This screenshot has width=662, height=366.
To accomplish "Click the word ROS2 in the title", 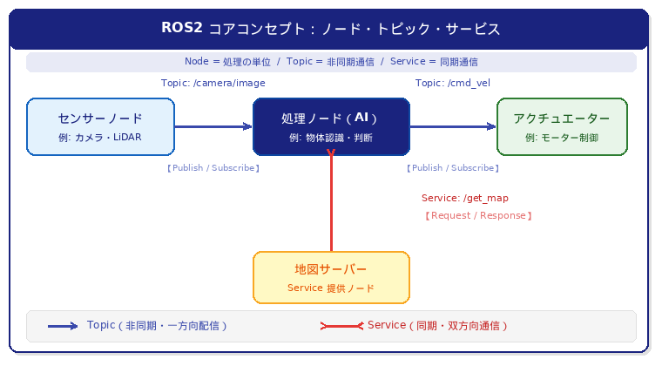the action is click(x=182, y=27).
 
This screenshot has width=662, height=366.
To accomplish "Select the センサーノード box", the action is click(x=100, y=126).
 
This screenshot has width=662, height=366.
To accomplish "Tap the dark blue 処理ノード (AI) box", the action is click(x=331, y=126).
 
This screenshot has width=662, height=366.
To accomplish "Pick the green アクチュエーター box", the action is click(x=562, y=126).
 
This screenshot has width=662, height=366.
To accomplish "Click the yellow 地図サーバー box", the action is click(x=331, y=277).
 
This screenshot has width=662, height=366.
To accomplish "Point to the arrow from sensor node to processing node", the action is click(x=213, y=126).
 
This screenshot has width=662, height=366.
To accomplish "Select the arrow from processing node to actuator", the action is click(x=454, y=126).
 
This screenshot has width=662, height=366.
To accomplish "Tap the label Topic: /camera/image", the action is click(x=213, y=83).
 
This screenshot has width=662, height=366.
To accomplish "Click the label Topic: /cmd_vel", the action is click(x=453, y=83).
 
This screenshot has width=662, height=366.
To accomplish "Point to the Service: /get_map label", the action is click(x=465, y=198).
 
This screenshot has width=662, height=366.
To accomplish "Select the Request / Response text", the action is click(x=478, y=216).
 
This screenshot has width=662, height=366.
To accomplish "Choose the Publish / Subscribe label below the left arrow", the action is click(x=213, y=168).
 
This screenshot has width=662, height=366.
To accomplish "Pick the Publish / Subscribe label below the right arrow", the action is click(x=453, y=168).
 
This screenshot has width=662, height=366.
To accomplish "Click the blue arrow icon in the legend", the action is click(x=63, y=326).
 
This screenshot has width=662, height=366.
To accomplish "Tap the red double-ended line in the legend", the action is click(x=341, y=326).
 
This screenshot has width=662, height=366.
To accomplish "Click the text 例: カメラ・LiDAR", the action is click(x=100, y=137).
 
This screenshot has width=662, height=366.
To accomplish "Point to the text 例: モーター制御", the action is click(x=562, y=138).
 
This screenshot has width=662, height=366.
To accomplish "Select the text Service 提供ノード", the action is click(x=331, y=288).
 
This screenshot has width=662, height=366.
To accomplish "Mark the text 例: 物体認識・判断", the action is click(x=331, y=138).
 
